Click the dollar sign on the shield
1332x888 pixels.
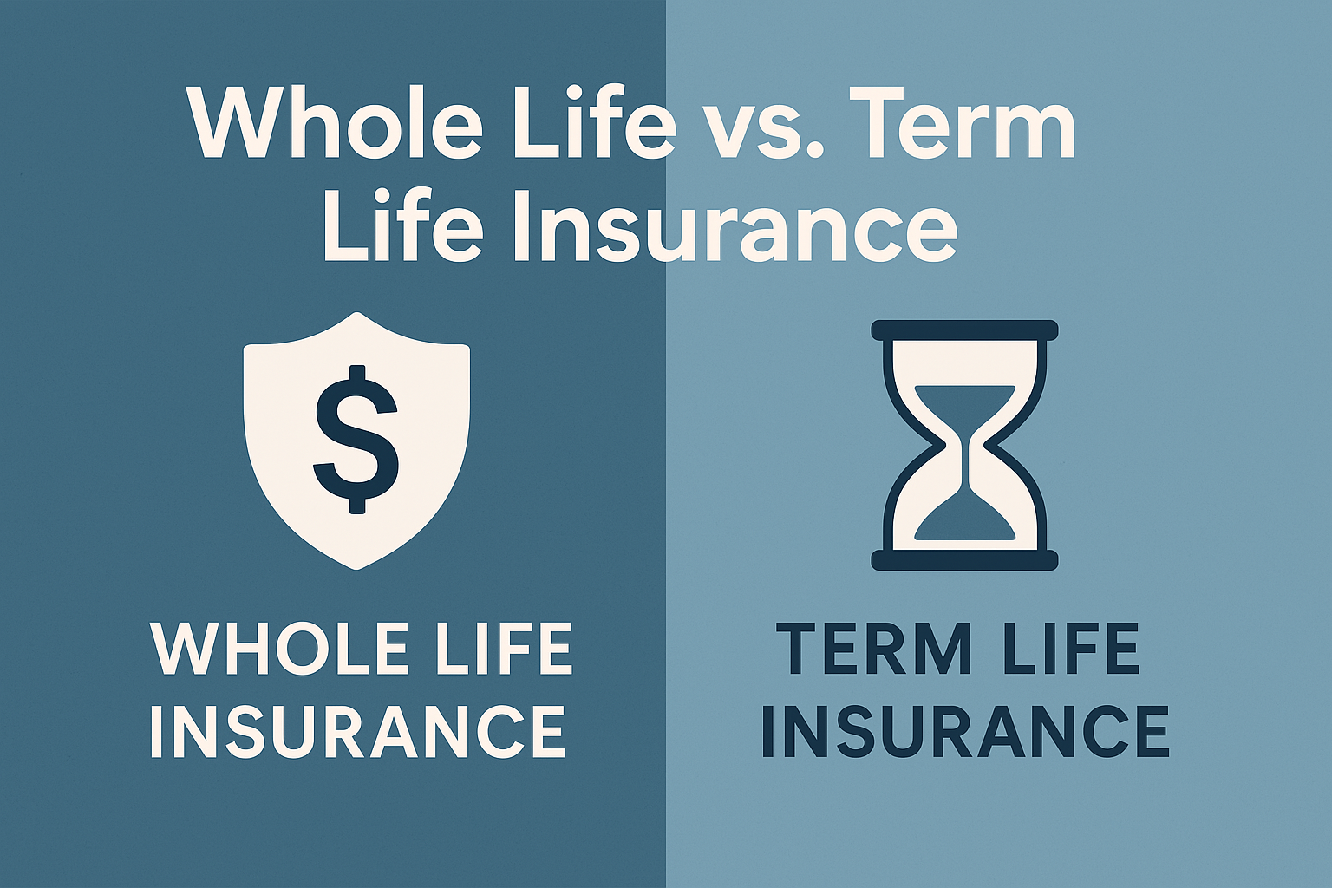(356, 439)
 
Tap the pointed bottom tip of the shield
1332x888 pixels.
(356, 567)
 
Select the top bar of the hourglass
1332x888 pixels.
(964, 330)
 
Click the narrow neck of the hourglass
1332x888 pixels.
(964, 451)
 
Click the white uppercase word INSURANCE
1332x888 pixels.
(357, 730)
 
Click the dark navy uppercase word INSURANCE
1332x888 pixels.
(965, 730)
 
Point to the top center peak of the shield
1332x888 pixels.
(356, 314)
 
